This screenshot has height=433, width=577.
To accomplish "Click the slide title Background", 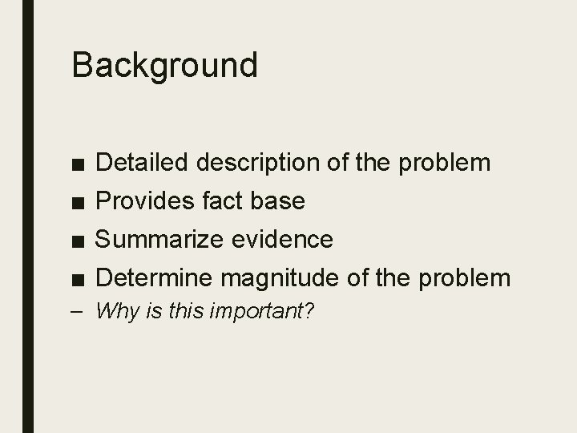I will (164, 65).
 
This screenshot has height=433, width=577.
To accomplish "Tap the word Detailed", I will (140, 163).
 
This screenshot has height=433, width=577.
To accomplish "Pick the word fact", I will (220, 201).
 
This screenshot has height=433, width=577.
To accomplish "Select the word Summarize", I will (159, 239).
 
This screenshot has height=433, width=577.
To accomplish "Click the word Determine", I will (154, 277).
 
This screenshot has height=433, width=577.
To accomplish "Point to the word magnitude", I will (280, 277).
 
